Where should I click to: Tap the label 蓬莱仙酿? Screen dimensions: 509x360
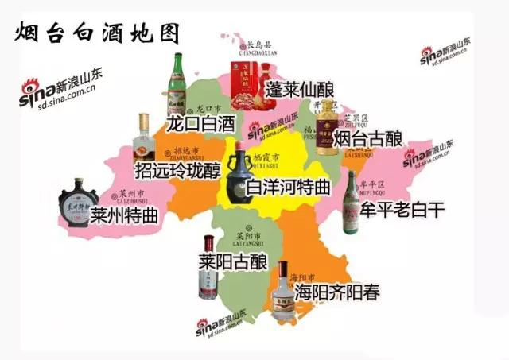point(302,87)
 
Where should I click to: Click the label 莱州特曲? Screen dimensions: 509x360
point(124,216)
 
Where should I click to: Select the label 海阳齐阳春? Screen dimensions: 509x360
point(337,292)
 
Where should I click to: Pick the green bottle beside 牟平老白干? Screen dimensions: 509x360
point(350,203)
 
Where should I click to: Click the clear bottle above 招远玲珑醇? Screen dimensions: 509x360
point(143,138)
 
